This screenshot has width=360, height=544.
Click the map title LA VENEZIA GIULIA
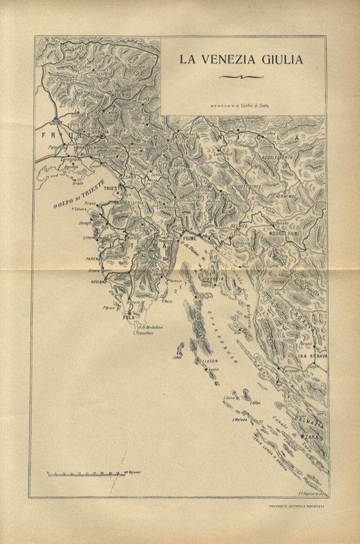pyautogui.click(x=241, y=60)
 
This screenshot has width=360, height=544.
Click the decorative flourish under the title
pyautogui.click(x=241, y=76)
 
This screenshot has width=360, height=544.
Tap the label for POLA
pyautogui.click(x=129, y=318)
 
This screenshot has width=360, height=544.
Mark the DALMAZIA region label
pyautogui.click(x=313, y=422)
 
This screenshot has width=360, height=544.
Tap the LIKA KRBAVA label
pyautogui.click(x=312, y=356)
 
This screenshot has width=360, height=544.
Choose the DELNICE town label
pyautogui.click(x=238, y=226)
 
